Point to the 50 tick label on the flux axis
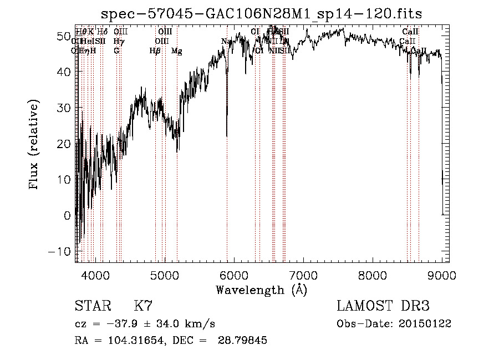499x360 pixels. (63, 36)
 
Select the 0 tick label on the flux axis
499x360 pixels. (68, 215)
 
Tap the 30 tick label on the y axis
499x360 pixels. (63, 108)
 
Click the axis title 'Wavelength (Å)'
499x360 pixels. (261, 290)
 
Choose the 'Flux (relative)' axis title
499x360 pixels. (34, 144)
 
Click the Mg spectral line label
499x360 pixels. (176, 51)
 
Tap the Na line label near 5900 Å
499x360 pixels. (226, 42)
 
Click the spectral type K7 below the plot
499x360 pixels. (143, 306)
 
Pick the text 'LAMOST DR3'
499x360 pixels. (383, 306)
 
